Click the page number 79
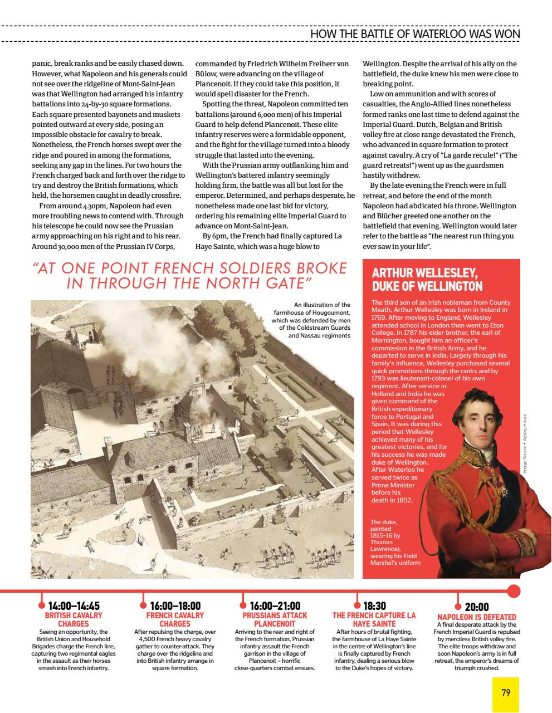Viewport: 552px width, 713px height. (x=506, y=693)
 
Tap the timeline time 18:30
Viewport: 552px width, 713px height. (x=374, y=607)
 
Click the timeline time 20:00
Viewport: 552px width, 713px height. (x=477, y=608)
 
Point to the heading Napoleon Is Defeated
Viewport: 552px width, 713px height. (x=477, y=617)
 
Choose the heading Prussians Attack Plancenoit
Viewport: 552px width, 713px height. (x=275, y=619)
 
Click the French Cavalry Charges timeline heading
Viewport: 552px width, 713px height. (x=175, y=619)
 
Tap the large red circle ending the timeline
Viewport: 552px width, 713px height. (x=514, y=591)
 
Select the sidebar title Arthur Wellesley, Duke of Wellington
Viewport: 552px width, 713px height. (x=427, y=280)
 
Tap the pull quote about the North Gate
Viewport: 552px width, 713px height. (x=190, y=275)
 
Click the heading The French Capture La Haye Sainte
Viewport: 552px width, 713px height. (x=374, y=619)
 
